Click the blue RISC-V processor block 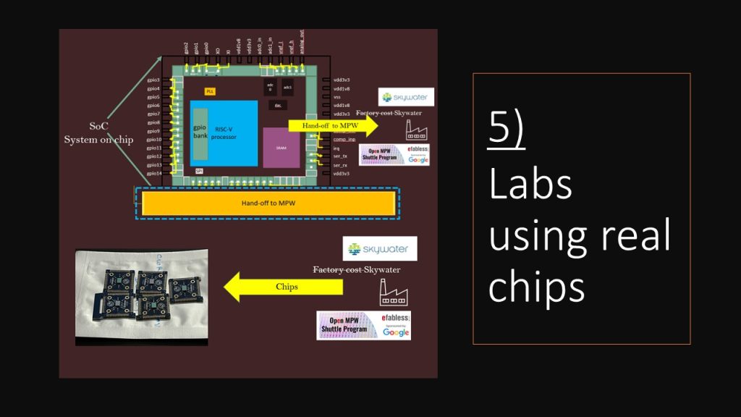click(x=224, y=134)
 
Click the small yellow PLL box click(x=211, y=92)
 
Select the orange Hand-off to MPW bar click(x=268, y=203)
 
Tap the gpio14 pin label click(x=153, y=174)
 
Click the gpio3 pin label click(x=153, y=80)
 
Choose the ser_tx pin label click(x=340, y=156)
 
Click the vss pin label click(x=336, y=96)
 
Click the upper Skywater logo click(x=406, y=96)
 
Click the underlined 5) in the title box click(x=507, y=131)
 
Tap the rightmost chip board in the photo click(x=184, y=286)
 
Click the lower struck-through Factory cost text click(x=337, y=270)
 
